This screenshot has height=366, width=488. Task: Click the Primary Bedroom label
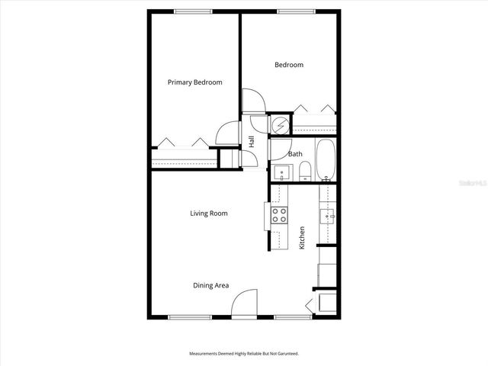pyautogui.click(x=195, y=82)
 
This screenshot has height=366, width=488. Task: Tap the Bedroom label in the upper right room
pyautogui.click(x=289, y=65)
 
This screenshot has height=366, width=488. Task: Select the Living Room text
pyautogui.click(x=208, y=213)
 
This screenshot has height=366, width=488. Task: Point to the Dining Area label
pyautogui.click(x=210, y=285)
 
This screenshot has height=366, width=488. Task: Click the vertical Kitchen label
pyautogui.click(x=302, y=238)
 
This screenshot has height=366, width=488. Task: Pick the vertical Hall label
pyautogui.click(x=252, y=141)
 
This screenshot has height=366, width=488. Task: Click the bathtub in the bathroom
pyautogui.click(x=326, y=161)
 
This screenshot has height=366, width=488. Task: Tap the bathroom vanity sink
pyautogui.click(x=280, y=172)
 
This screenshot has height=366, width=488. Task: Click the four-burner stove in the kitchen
pyautogui.click(x=278, y=215)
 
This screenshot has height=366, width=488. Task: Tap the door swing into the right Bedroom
pyautogui.click(x=252, y=101)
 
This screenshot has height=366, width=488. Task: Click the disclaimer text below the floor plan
pyautogui.click(x=243, y=354)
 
